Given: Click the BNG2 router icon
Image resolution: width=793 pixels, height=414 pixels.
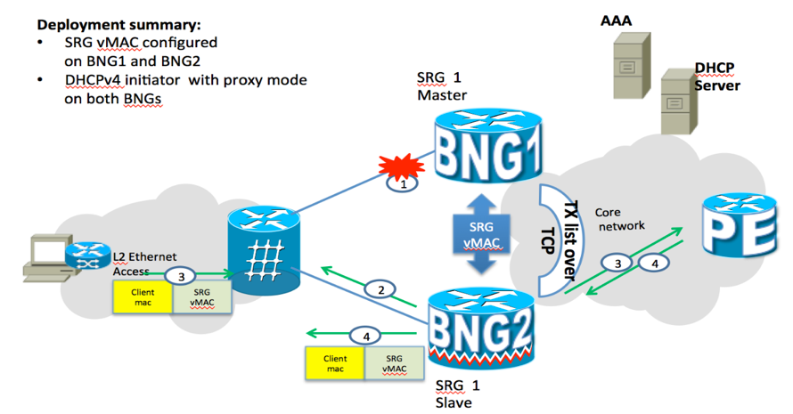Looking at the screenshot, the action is [481, 329].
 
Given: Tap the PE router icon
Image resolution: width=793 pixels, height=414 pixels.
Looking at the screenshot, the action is [740, 225].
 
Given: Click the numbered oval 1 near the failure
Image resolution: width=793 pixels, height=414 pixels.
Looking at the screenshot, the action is [403, 184].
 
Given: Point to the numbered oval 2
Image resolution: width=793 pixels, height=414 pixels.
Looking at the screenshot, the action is [380, 289].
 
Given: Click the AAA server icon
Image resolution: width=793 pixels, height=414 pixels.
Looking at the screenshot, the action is [631, 65].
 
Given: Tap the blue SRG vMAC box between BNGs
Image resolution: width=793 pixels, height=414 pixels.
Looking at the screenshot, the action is [481, 234].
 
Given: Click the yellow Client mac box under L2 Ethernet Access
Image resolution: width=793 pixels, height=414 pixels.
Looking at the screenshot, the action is [143, 297].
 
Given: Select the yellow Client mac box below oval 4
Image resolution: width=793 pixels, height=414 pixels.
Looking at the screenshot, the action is [335, 363].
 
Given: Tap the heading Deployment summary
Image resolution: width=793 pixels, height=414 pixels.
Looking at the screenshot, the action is [119, 24].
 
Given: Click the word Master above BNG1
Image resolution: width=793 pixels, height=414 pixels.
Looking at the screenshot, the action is [442, 95].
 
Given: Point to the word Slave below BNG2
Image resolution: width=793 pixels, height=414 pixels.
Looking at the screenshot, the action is [454, 402].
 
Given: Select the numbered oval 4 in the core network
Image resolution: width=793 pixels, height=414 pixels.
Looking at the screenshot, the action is [654, 263].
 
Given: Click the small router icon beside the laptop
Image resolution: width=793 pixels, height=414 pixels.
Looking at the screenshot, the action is [88, 255].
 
